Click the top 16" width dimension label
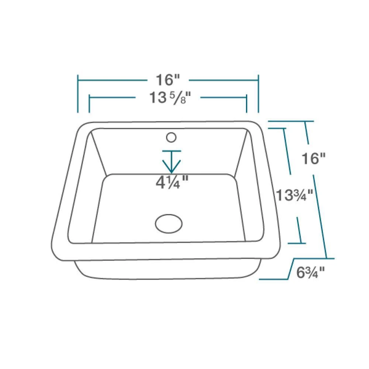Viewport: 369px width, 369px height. pos(167,79)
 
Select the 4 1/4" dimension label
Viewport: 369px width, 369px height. pos(172,182)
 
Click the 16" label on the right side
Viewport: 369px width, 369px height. pos(314,159)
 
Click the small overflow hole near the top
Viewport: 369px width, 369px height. pos(171,138)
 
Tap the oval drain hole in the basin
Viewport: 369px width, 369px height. pos(169,223)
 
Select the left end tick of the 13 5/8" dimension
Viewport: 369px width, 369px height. pos(89,104)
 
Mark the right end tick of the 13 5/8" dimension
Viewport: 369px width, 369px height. pos(246,104)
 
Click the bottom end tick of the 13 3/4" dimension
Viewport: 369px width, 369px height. pos(297,243)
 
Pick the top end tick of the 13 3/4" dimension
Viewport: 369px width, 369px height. pos(277,128)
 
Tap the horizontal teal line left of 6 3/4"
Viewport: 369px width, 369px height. pos(273,279)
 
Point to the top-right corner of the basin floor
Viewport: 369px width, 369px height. pos(234,175)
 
